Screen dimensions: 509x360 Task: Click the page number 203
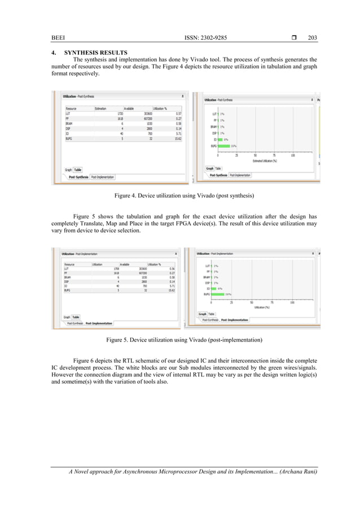(312, 38)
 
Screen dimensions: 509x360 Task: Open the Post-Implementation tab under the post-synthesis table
(102, 177)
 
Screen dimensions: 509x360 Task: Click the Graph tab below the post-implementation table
(67, 317)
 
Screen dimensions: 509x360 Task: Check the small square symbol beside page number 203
(295, 38)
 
